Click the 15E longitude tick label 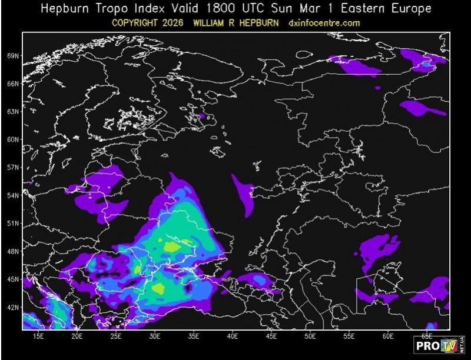38,336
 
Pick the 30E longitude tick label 155,336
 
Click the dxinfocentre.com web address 324,23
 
